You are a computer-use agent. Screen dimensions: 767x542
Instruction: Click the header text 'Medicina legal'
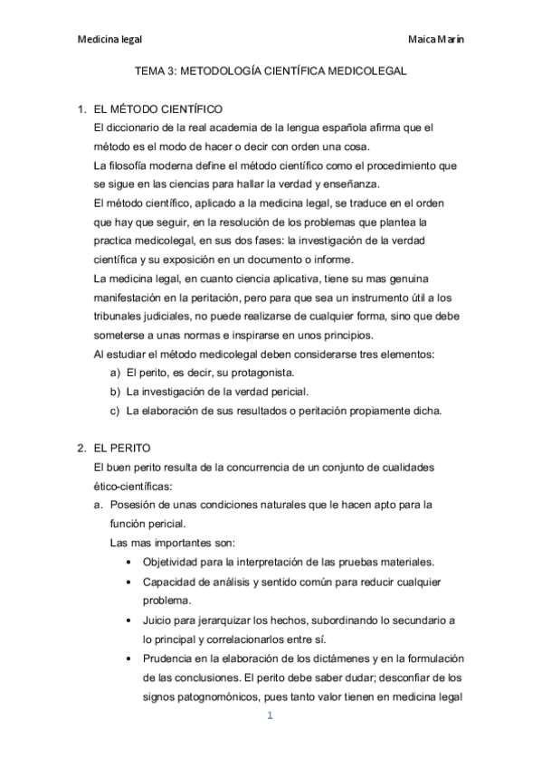pyautogui.click(x=109, y=40)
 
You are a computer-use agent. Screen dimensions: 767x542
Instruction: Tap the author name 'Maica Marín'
pyautogui.click(x=438, y=40)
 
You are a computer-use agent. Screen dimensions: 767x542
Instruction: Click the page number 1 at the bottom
pyautogui.click(x=270, y=718)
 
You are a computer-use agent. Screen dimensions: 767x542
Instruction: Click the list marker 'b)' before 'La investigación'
pyautogui.click(x=115, y=392)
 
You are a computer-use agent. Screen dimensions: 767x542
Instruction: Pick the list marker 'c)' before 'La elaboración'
pyautogui.click(x=115, y=411)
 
